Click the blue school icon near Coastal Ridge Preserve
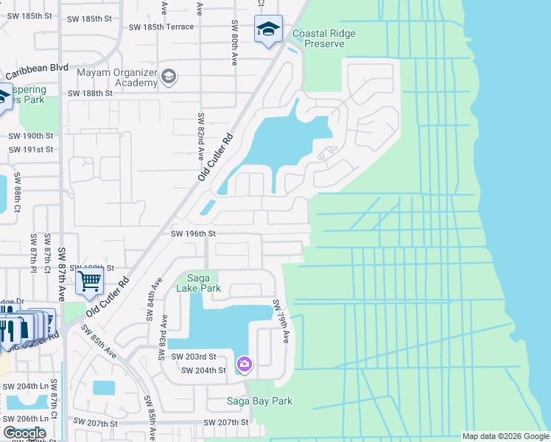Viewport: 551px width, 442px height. point(267,29)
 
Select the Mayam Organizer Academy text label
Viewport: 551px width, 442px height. point(116,77)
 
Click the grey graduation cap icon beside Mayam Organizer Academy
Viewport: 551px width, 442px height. point(169,77)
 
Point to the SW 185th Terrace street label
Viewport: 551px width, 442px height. point(161,27)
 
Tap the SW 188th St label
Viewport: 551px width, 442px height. point(90,94)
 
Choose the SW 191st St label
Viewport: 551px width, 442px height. point(31,150)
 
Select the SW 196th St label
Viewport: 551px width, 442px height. point(192,234)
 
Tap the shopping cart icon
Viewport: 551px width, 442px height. point(89,280)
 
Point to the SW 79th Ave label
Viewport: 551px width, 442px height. point(281,321)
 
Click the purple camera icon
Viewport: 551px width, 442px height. point(244,364)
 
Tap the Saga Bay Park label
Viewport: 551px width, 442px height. point(259,401)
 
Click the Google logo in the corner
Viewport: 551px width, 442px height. point(24,433)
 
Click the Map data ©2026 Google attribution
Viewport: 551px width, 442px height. point(505,436)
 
